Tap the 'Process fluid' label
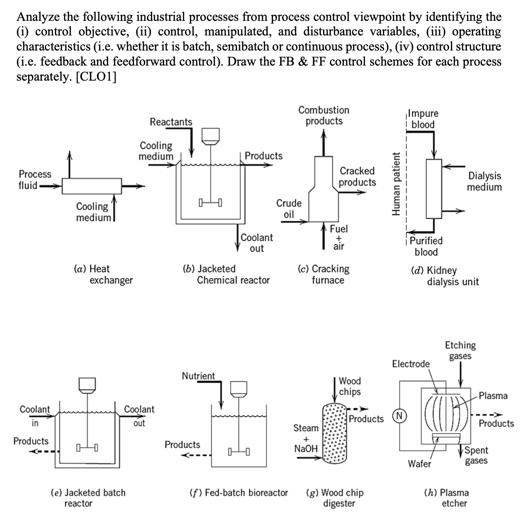(x=35, y=180)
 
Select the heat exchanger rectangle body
(x=92, y=186)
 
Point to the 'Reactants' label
(x=171, y=122)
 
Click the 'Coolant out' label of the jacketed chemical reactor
(x=257, y=243)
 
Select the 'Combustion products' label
(x=324, y=116)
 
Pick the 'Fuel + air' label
(x=339, y=237)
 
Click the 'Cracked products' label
(x=357, y=176)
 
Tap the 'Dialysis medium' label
(x=484, y=182)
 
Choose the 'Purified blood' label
(x=426, y=246)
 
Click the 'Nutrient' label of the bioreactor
(x=198, y=376)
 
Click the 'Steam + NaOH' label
(x=306, y=438)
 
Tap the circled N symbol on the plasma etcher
(x=400, y=416)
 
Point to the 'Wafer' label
(x=419, y=464)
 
